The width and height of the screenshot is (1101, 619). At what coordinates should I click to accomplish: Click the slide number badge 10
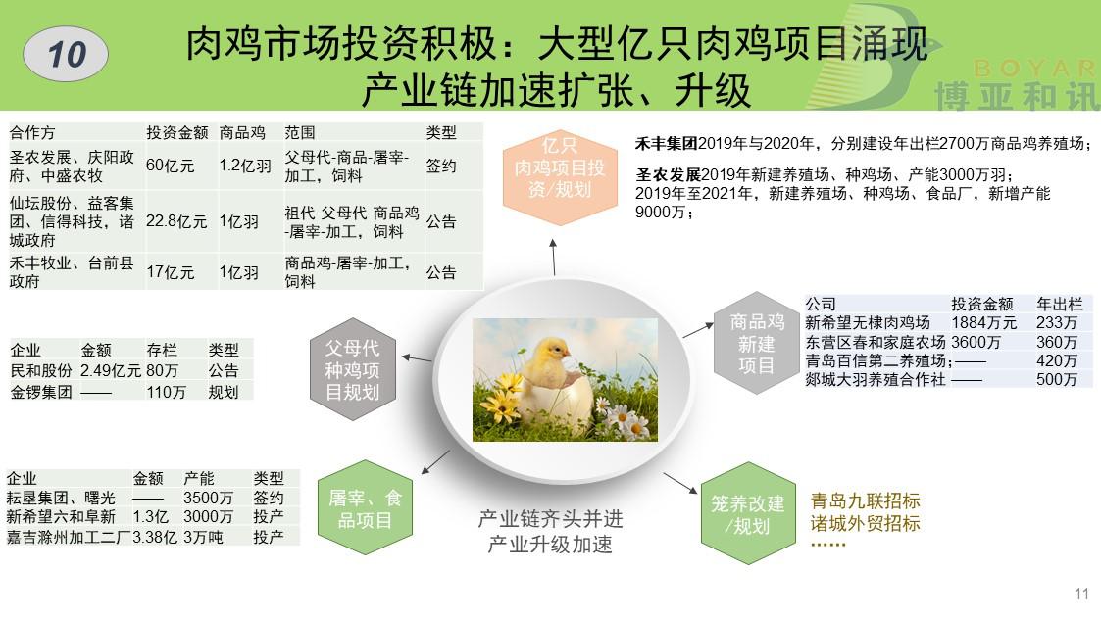point(66,54)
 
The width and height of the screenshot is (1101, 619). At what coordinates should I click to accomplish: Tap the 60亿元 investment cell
point(170,166)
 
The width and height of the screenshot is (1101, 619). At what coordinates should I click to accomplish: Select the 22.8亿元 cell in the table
point(176,221)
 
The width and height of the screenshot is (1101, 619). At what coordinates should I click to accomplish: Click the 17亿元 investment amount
point(170,272)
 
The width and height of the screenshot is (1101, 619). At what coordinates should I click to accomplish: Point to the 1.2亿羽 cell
point(245,166)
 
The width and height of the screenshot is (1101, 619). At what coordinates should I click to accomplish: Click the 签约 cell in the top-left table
point(441,166)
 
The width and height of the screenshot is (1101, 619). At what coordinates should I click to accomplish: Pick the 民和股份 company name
point(41,370)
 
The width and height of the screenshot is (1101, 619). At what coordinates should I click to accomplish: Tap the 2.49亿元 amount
point(110,370)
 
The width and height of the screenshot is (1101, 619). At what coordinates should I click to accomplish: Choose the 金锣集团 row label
point(41,392)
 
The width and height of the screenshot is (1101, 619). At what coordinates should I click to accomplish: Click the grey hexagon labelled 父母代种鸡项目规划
point(353,370)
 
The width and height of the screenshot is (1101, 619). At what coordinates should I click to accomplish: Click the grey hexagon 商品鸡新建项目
point(756,343)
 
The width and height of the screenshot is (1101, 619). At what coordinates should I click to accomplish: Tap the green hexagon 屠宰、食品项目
point(365,509)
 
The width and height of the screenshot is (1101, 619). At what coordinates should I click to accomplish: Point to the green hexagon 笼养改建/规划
point(748,514)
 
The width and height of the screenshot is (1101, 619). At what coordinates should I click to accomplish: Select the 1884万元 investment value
point(983,323)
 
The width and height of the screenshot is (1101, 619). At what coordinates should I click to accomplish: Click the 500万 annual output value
point(1057,380)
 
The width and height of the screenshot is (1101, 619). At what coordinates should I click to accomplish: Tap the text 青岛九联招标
point(865,501)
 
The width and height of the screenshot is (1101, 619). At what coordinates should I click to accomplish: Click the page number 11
point(1081,594)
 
